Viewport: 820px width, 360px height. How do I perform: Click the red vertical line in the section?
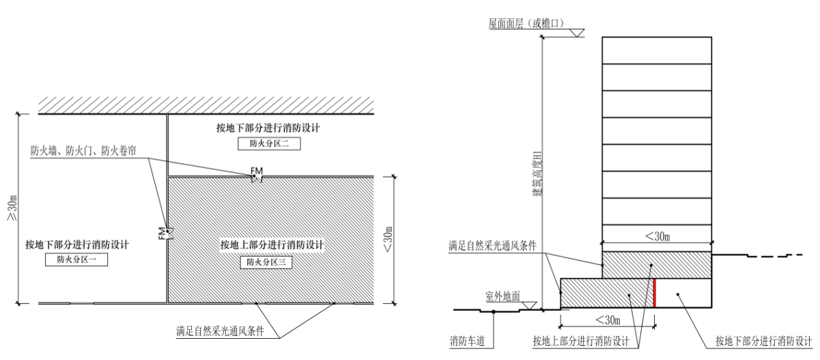coord(654,292)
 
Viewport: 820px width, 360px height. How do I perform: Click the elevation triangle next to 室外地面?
coord(530,305)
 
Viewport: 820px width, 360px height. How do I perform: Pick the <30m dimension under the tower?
coord(657,236)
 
